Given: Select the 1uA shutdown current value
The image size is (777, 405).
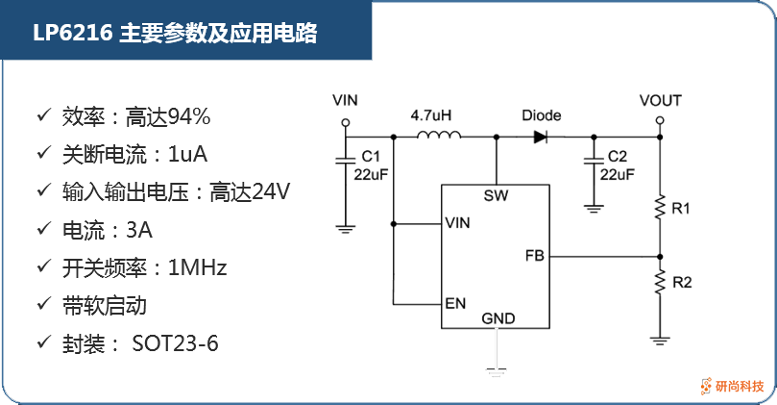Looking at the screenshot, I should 188,154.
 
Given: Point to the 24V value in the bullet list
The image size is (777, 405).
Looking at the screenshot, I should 270,191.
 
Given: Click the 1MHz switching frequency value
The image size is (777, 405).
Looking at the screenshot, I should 197,267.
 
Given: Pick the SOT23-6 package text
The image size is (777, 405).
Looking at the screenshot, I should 175,342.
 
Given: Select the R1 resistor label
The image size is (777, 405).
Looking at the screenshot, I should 682,209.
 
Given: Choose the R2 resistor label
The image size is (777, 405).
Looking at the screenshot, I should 682,283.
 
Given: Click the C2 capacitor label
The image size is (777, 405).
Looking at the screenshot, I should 618,157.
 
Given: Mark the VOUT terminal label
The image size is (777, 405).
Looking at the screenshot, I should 660,100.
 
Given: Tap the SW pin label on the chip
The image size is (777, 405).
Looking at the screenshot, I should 497,197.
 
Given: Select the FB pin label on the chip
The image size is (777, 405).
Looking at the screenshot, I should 535,256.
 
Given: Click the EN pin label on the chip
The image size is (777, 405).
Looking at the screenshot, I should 455,303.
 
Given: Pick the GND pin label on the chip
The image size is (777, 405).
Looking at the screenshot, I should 498,317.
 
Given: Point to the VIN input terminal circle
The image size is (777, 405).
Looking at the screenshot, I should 345,124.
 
